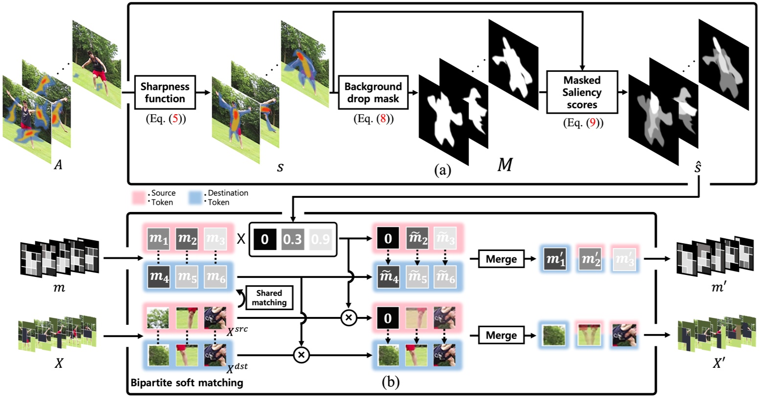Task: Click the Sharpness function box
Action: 165,92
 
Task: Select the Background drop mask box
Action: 373,92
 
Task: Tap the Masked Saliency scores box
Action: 581,92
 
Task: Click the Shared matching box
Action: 269,298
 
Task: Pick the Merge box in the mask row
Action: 501,259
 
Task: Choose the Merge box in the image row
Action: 501,336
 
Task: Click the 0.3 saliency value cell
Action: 292,239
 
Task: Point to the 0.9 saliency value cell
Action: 320,239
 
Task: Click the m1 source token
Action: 158,239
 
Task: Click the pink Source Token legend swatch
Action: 138,198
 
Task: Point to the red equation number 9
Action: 592,123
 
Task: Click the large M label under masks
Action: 504,166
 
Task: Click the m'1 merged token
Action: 556,259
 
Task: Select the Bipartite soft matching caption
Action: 187,382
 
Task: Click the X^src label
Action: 237,330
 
